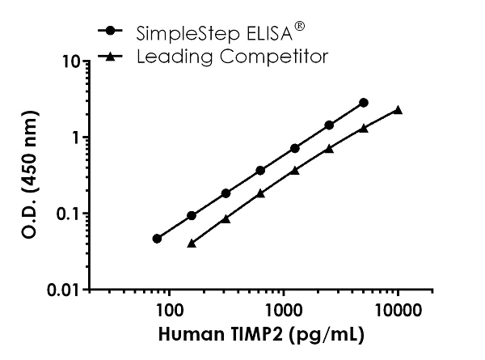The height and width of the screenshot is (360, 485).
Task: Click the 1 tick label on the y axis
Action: pyautogui.click(x=74, y=138)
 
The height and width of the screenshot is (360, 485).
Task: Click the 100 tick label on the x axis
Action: pyautogui.click(x=168, y=310)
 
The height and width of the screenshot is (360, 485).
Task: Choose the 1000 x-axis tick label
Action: pyautogui.click(x=283, y=310)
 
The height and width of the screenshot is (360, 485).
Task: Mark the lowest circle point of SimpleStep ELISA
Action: pyautogui.click(x=157, y=239)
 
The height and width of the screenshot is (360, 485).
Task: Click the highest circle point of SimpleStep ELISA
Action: pyautogui.click(x=364, y=103)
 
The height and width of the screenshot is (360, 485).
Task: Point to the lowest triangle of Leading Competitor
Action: pyautogui.click(x=192, y=243)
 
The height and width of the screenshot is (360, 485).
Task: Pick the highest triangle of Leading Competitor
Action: pyautogui.click(x=398, y=110)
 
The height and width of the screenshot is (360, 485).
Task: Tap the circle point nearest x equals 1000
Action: pyautogui.click(x=295, y=148)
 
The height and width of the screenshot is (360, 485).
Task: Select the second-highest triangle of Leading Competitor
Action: pyautogui.click(x=364, y=128)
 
